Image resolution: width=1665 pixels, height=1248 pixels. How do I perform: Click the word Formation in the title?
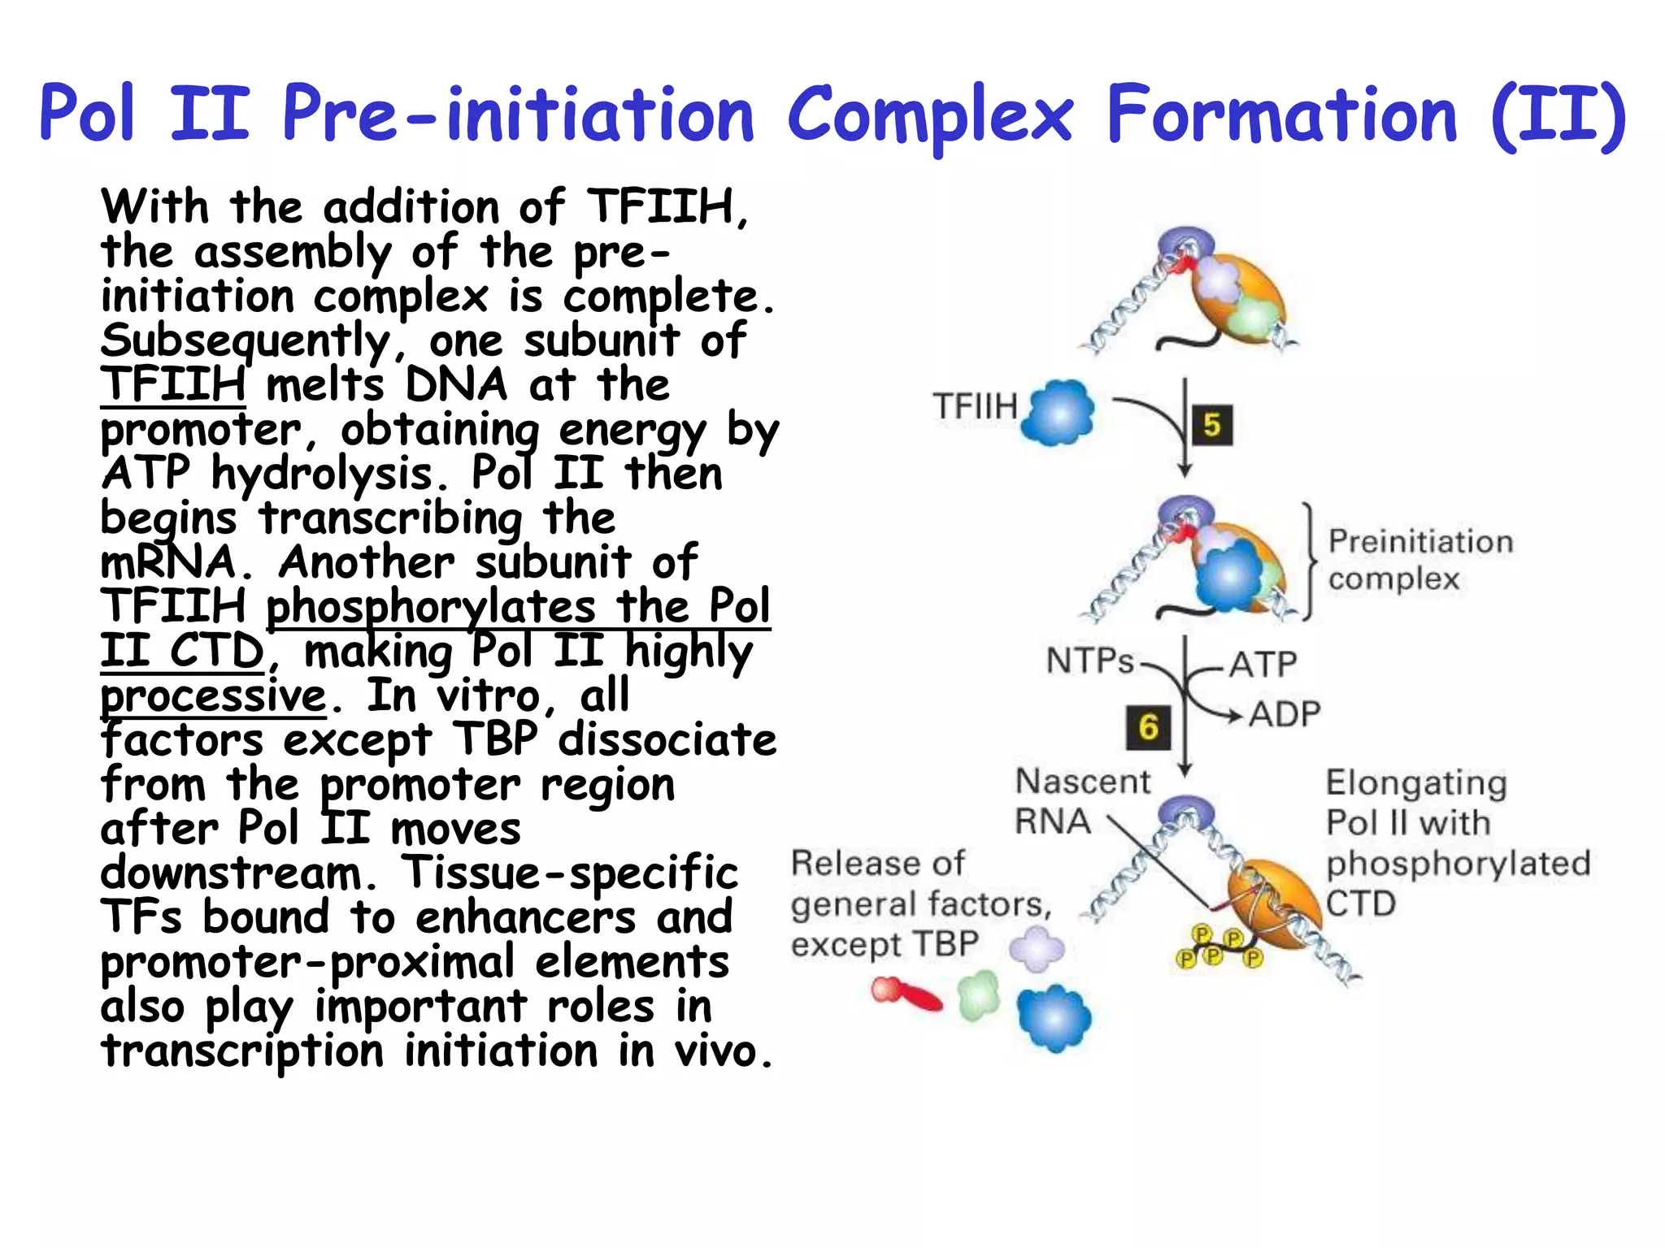coord(1282,116)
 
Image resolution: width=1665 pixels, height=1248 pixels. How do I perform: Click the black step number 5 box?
coord(1211,425)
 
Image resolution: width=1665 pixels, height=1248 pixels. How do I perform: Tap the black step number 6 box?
coord(1148,727)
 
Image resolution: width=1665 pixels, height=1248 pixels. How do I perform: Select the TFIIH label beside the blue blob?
coord(975,406)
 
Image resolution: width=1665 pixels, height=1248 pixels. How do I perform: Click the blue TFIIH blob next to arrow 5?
coord(1059,413)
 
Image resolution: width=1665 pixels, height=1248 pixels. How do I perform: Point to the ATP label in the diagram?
coord(1262,665)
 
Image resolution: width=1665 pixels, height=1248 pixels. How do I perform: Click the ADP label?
coord(1285,715)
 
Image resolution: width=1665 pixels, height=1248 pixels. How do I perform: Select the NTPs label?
coord(1089,661)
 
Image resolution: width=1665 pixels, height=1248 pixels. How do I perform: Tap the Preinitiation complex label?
coord(1419,560)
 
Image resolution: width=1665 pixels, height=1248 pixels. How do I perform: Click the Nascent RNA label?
coord(1081,801)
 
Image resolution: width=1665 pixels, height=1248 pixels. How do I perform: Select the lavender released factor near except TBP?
coord(1037,948)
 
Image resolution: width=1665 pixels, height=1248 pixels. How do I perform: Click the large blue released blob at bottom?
coord(1054,1018)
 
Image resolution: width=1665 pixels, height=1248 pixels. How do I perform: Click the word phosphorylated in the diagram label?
coord(1458,864)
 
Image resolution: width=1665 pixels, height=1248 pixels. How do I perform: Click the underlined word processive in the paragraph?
coord(213,696)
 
